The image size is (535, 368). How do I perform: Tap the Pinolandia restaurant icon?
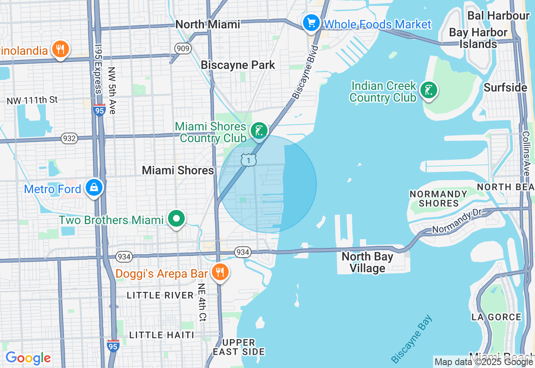pyautogui.click(x=61, y=49)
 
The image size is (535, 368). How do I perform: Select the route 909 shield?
pyautogui.click(x=183, y=49)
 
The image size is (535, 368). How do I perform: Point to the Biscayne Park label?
pyautogui.click(x=238, y=65)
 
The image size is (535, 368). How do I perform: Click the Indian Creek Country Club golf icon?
pyautogui.click(x=428, y=90)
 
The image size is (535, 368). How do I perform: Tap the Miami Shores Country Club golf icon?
pyautogui.click(x=259, y=130)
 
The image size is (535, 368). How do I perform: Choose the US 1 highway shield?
pyautogui.click(x=248, y=160)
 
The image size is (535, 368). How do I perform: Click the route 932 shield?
pyautogui.click(x=69, y=138)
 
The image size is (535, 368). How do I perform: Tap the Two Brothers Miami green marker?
pyautogui.click(x=177, y=219)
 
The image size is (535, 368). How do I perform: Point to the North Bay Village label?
pyautogui.click(x=367, y=262)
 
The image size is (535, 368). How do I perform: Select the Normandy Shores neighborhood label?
pyautogui.click(x=438, y=199)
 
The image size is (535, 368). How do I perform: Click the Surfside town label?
pyautogui.click(x=505, y=88)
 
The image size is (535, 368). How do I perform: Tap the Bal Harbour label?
pyautogui.click(x=498, y=16)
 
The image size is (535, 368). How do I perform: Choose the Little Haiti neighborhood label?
pyautogui.click(x=162, y=335)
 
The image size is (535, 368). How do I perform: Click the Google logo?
pyautogui.click(x=28, y=358)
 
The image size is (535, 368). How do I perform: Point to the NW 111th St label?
pyautogui.click(x=32, y=100)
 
